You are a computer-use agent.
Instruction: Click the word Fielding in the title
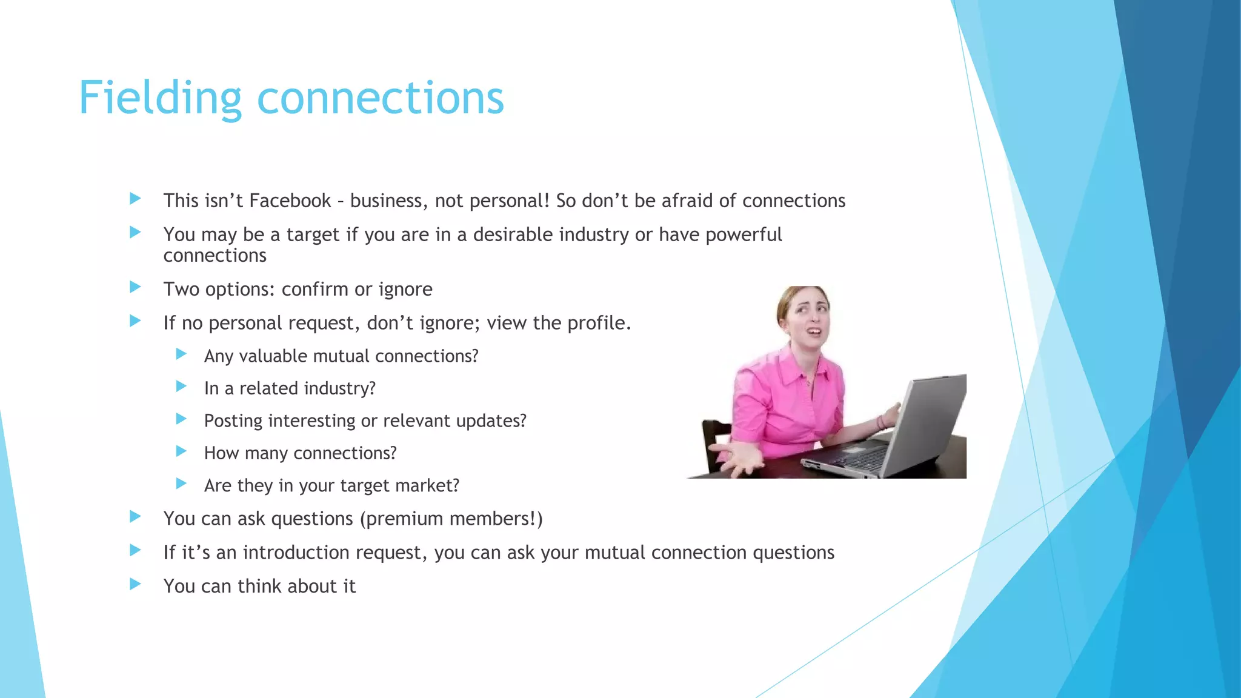[160, 98]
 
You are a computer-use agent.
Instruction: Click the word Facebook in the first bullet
[290, 201]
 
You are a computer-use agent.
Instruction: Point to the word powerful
[744, 234]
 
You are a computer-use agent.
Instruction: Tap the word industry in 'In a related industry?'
[340, 388]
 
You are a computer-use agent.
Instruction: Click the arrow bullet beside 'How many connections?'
[181, 451]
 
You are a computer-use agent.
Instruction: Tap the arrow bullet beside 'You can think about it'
[136, 584]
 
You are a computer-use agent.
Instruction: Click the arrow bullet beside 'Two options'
[136, 287]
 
